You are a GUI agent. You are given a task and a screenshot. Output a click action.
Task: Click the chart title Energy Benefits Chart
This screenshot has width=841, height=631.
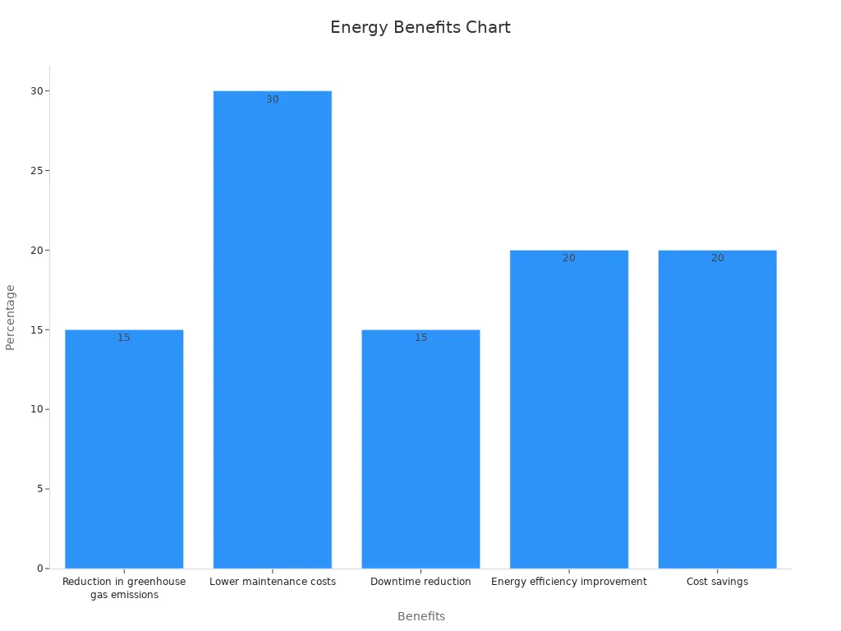tap(420, 27)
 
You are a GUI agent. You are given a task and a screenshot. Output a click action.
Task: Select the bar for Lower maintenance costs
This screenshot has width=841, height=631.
tap(272, 329)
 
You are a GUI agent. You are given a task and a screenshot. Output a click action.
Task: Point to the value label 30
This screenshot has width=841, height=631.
tap(272, 99)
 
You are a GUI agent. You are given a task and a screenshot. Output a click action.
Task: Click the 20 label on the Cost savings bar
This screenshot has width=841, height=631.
tap(717, 258)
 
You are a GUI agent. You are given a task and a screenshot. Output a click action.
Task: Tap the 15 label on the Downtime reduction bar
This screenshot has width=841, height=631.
tap(420, 338)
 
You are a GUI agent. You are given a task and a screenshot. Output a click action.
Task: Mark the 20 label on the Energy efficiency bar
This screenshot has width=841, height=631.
tap(568, 258)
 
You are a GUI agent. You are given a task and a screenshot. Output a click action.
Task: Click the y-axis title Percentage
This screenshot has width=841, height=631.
tap(11, 317)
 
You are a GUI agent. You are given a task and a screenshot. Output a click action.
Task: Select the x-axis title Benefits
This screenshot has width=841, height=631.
tap(420, 616)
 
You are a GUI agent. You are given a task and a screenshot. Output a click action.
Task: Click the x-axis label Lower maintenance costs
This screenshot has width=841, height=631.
tap(272, 582)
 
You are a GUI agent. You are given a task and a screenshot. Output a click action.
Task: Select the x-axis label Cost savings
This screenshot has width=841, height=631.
tap(717, 582)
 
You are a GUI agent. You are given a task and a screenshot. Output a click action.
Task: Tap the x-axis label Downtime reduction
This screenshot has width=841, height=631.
tap(420, 582)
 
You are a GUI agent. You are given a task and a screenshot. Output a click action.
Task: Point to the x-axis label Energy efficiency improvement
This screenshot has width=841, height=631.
tap(568, 582)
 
